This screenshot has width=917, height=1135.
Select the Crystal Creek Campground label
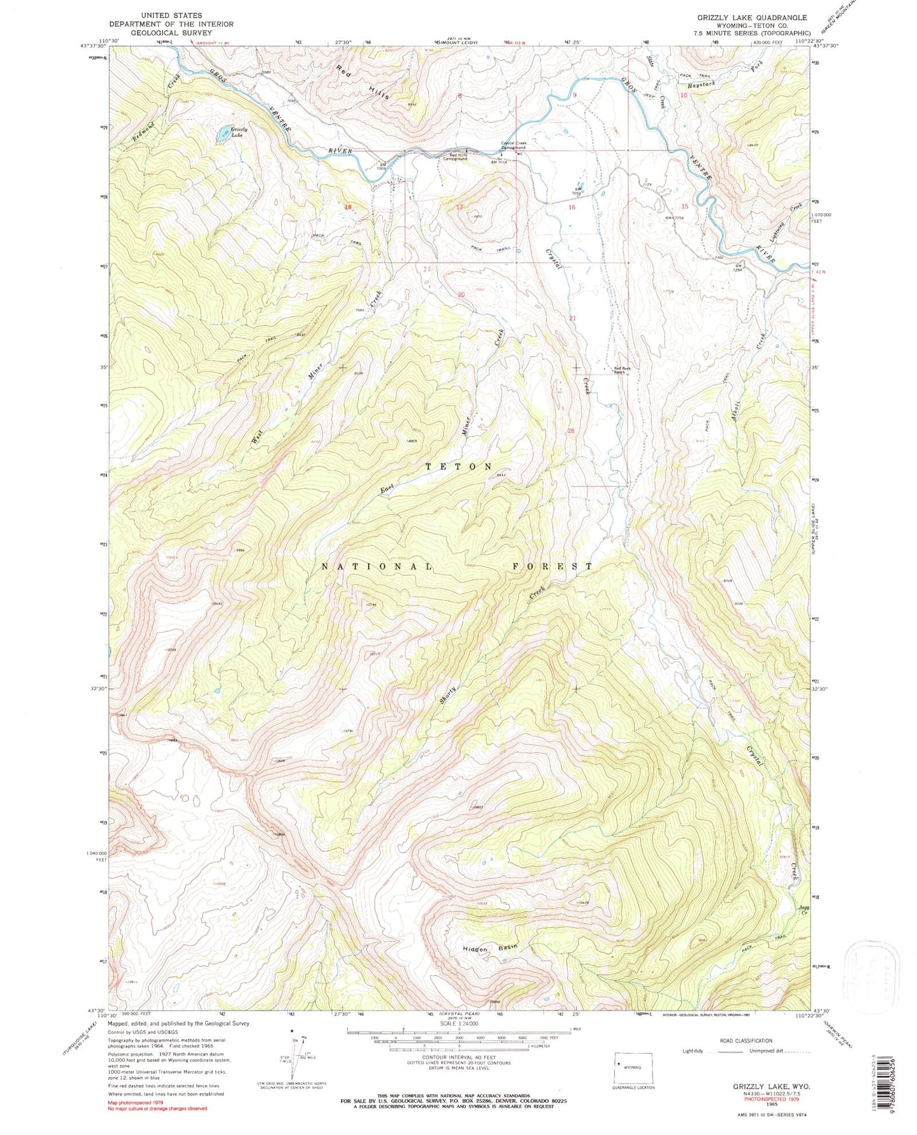513,145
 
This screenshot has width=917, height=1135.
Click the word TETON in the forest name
458,467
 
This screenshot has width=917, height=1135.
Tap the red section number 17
459,207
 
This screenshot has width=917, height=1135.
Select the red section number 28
571,431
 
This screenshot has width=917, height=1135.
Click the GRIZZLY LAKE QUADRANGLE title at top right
752,18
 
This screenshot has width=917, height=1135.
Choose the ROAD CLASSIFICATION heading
746,1041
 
